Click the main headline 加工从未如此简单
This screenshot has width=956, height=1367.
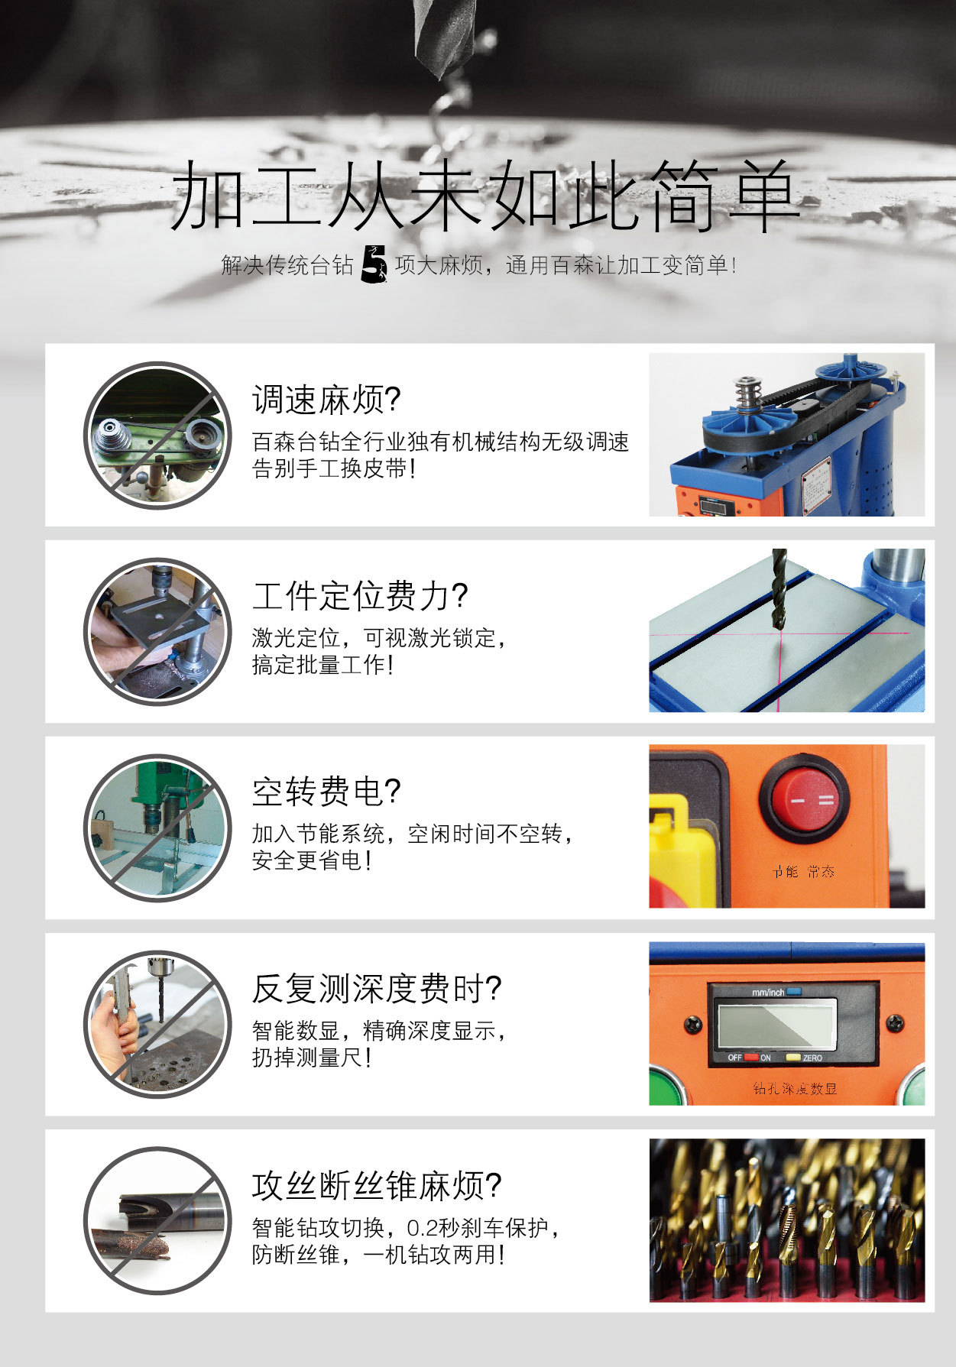(484, 196)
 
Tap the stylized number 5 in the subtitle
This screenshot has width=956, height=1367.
(374, 264)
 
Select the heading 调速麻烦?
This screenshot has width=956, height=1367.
(326, 399)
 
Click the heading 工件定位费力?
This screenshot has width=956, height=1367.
(360, 595)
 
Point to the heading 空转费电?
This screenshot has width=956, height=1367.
(326, 792)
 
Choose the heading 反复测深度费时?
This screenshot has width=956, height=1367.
(377, 988)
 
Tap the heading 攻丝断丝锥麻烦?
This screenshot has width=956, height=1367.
(377, 1185)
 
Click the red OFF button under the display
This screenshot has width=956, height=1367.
(751, 1058)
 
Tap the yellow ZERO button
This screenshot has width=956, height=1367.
(792, 1058)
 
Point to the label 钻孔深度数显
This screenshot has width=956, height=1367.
(795, 1088)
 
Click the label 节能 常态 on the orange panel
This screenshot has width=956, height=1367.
(803, 872)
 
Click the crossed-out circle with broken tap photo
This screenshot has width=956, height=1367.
(157, 1220)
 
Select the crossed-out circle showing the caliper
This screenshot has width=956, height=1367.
(157, 1024)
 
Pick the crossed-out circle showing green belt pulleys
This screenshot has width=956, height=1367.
(157, 435)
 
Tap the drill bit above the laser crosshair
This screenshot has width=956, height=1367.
(779, 588)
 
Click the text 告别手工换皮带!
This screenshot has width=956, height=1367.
(335, 468)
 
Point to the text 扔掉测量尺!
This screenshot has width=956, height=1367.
(312, 1058)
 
